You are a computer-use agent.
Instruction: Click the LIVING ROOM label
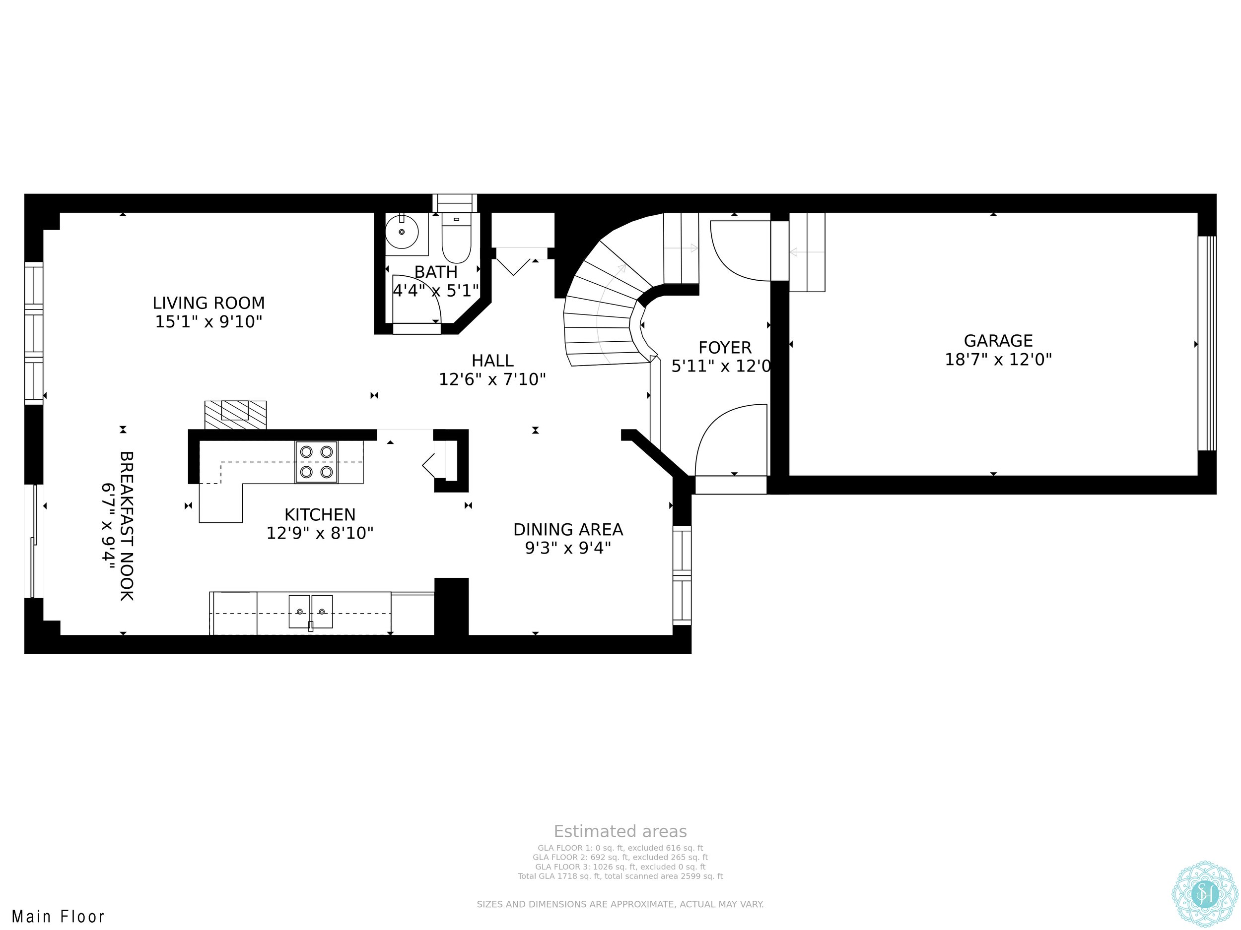208,303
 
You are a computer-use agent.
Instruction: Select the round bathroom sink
402,232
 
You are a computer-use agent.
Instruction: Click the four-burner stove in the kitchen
316,462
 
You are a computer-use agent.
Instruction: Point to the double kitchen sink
311,612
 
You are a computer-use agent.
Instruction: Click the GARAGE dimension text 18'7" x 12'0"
998,359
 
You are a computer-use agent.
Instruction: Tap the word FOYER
725,348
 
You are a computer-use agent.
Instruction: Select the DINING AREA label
568,529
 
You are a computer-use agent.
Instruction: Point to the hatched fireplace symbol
236,415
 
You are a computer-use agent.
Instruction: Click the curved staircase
623,297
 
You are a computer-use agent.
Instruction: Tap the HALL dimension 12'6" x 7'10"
492,379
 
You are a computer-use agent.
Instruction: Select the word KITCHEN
320,515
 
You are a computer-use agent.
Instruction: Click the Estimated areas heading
620,831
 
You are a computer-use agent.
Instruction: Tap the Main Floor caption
59,917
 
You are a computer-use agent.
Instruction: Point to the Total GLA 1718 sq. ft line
620,876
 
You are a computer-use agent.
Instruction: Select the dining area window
682,575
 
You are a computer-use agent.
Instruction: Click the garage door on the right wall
1207,343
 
